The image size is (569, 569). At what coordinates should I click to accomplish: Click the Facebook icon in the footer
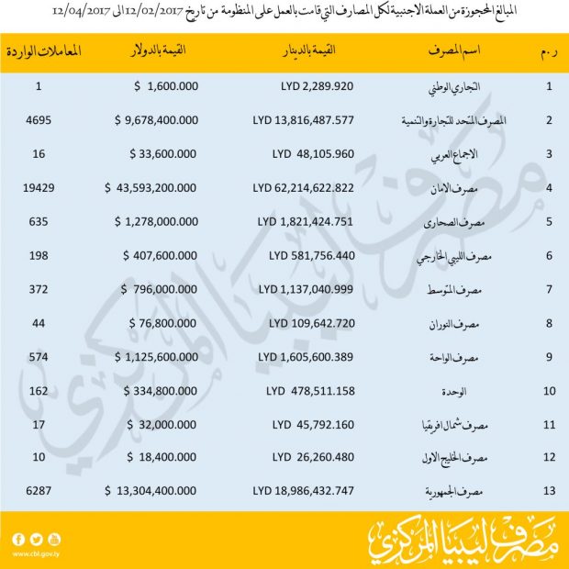point(18,539)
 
